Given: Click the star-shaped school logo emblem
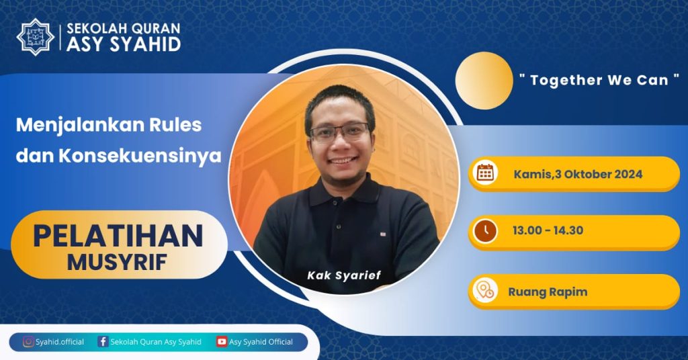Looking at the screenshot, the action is [35, 37].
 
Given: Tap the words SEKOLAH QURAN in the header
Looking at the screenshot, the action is [124, 28].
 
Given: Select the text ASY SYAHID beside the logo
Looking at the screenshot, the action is [124, 44].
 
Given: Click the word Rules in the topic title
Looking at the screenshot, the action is [175, 125].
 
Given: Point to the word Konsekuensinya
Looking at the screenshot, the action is [140, 156].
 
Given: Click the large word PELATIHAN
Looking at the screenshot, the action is [118, 236].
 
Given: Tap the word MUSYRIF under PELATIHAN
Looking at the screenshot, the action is [117, 262].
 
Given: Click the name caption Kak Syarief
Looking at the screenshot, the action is [344, 275].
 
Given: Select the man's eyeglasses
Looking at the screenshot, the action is [339, 133].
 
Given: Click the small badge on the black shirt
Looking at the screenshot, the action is [383, 234].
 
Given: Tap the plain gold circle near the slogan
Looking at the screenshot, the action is [484, 81].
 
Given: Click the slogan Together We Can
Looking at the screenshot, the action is [599, 80].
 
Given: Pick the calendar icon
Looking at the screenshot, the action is [485, 173].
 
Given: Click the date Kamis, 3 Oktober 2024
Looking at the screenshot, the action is [578, 174].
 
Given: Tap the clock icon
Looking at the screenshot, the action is [485, 230].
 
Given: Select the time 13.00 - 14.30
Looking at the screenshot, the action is [548, 230].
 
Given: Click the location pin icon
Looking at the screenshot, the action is [485, 290].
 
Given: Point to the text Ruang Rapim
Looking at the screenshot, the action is [548, 292].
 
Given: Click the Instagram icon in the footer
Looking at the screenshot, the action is [28, 342].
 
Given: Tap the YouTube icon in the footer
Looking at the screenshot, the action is [222, 342].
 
